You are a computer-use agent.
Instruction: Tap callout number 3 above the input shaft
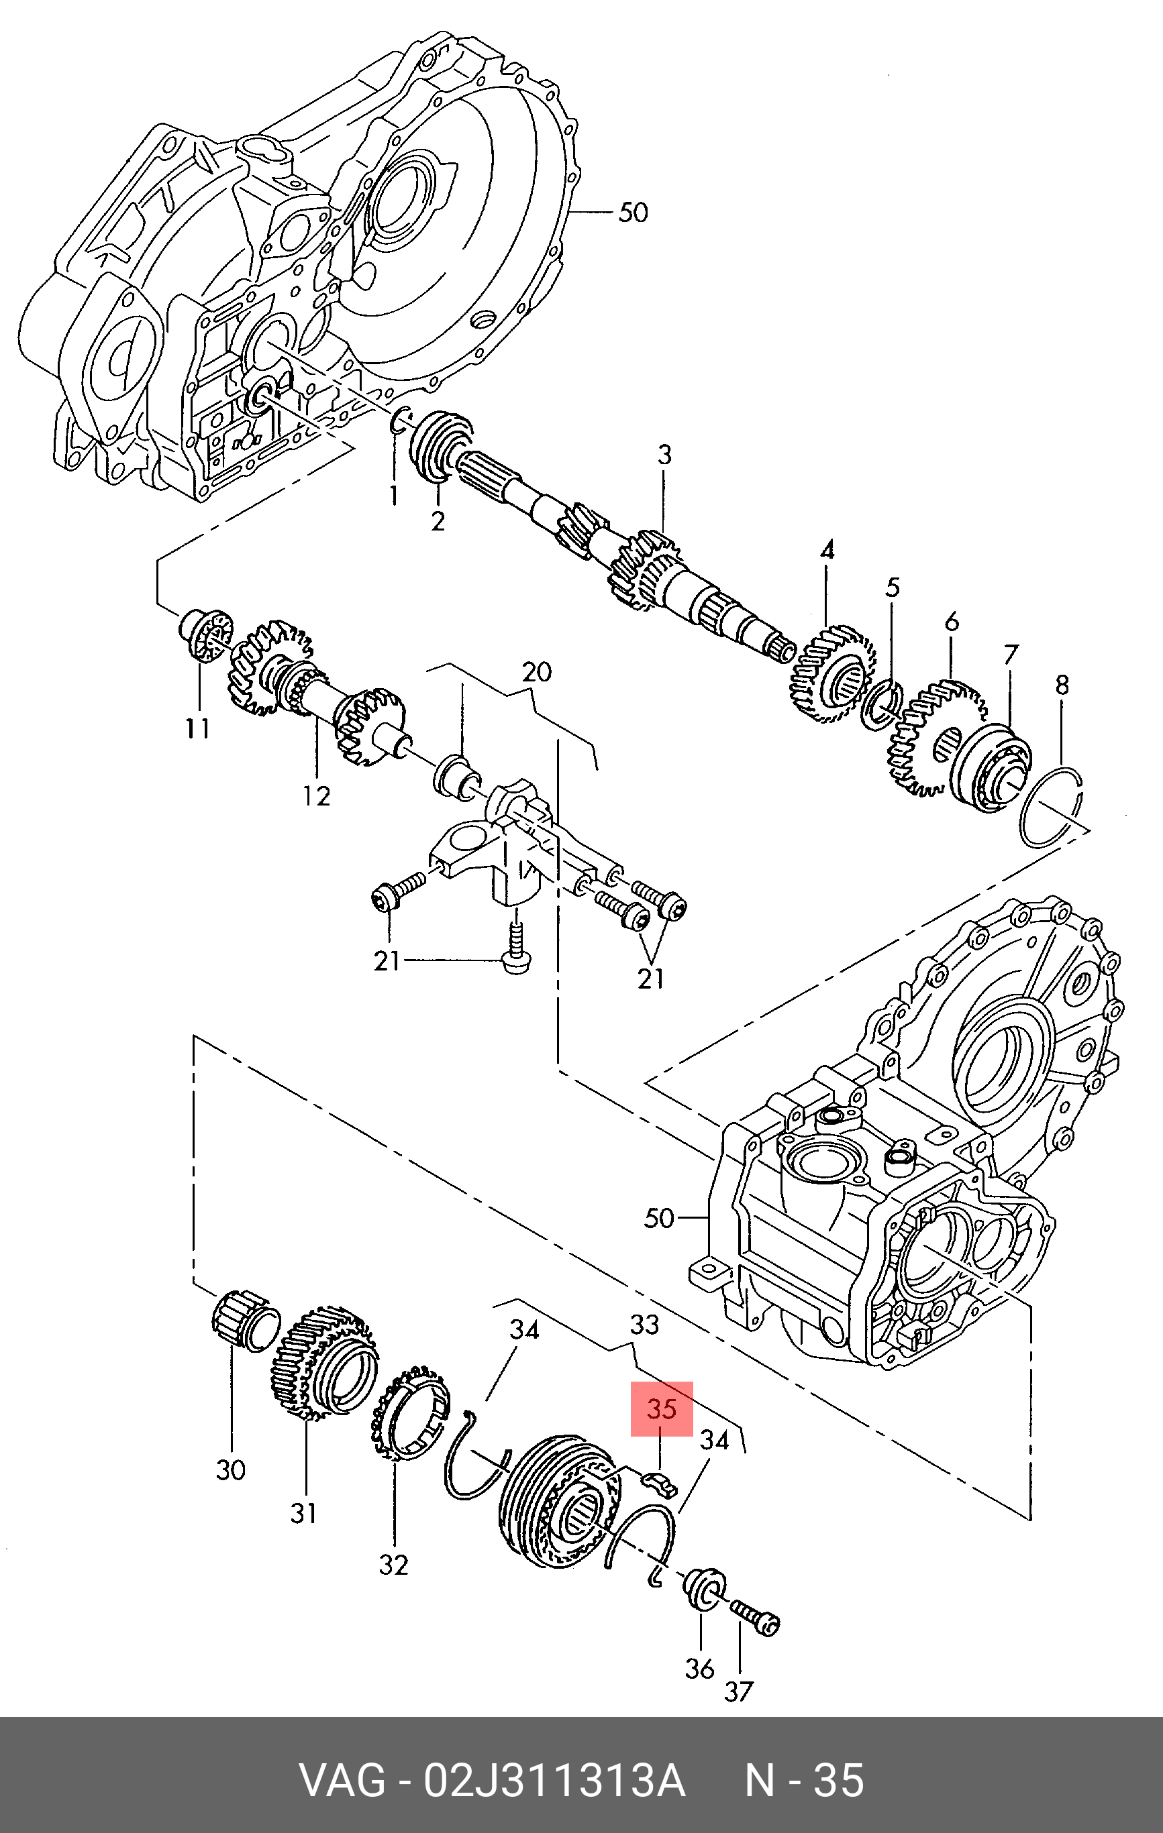point(664,455)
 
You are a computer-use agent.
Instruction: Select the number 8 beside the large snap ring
point(1062,685)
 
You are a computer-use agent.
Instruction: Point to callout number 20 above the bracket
point(536,671)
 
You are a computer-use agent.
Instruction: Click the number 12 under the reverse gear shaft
point(316,796)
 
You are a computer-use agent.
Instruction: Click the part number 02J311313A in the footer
point(554,1781)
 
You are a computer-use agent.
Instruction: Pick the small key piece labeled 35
point(660,1483)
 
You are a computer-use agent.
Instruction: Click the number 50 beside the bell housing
point(633,213)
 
